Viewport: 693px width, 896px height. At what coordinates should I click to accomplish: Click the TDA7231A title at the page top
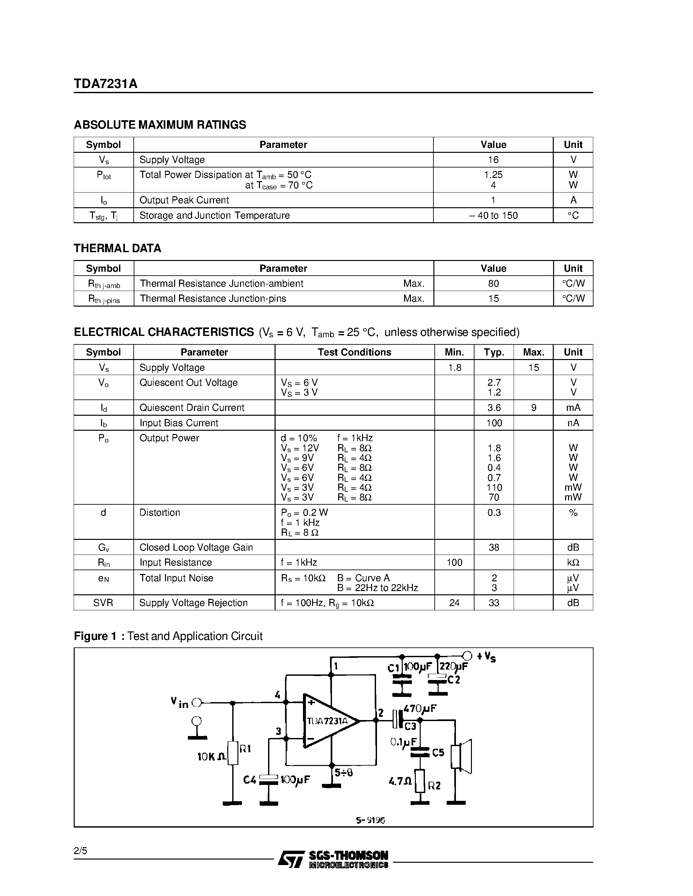[x=106, y=84]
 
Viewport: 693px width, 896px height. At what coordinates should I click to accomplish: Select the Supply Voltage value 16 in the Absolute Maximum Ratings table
[x=493, y=160]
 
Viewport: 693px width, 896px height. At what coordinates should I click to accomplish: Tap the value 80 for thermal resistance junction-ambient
[x=493, y=283]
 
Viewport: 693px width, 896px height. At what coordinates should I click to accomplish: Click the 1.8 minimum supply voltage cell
[x=455, y=368]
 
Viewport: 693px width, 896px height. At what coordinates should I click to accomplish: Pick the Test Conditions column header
[x=354, y=352]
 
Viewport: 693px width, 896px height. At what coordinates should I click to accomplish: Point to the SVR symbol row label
[x=103, y=603]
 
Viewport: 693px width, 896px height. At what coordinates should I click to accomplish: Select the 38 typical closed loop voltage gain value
[x=494, y=547]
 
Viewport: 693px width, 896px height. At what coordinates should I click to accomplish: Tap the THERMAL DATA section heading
[x=117, y=248]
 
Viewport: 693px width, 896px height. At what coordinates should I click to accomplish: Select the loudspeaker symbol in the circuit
[x=461, y=756]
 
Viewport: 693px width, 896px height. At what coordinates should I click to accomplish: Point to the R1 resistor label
[x=245, y=749]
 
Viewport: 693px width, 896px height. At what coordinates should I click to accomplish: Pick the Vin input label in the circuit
[x=179, y=703]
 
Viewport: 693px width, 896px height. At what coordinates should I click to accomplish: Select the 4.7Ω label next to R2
[x=400, y=782]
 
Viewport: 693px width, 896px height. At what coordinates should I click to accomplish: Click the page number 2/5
[x=81, y=850]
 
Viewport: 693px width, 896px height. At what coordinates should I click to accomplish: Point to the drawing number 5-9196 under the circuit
[x=370, y=820]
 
